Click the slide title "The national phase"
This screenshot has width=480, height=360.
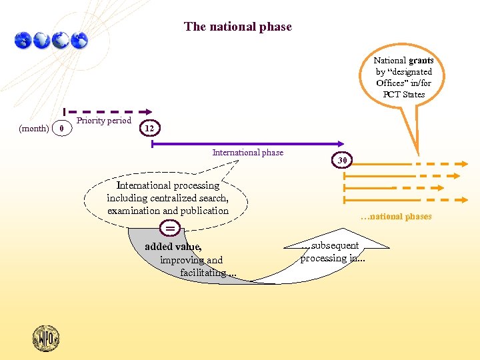[238, 27]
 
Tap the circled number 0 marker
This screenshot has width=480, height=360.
[61, 127]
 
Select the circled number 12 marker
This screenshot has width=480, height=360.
[150, 127]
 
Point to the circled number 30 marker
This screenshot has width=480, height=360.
[342, 161]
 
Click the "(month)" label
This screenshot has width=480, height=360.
[33, 128]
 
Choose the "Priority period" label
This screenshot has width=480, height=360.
[104, 121]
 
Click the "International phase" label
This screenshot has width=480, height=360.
[248, 153]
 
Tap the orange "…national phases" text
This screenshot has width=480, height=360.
[396, 216]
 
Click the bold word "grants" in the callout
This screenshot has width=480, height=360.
[421, 60]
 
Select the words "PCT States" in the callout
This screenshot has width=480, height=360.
[404, 94]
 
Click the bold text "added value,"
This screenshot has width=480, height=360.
[173, 247]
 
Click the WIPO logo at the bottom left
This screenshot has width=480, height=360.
[46, 337]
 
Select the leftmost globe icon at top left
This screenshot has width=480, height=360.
[23, 40]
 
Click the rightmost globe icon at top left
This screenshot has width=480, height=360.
[79, 40]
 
